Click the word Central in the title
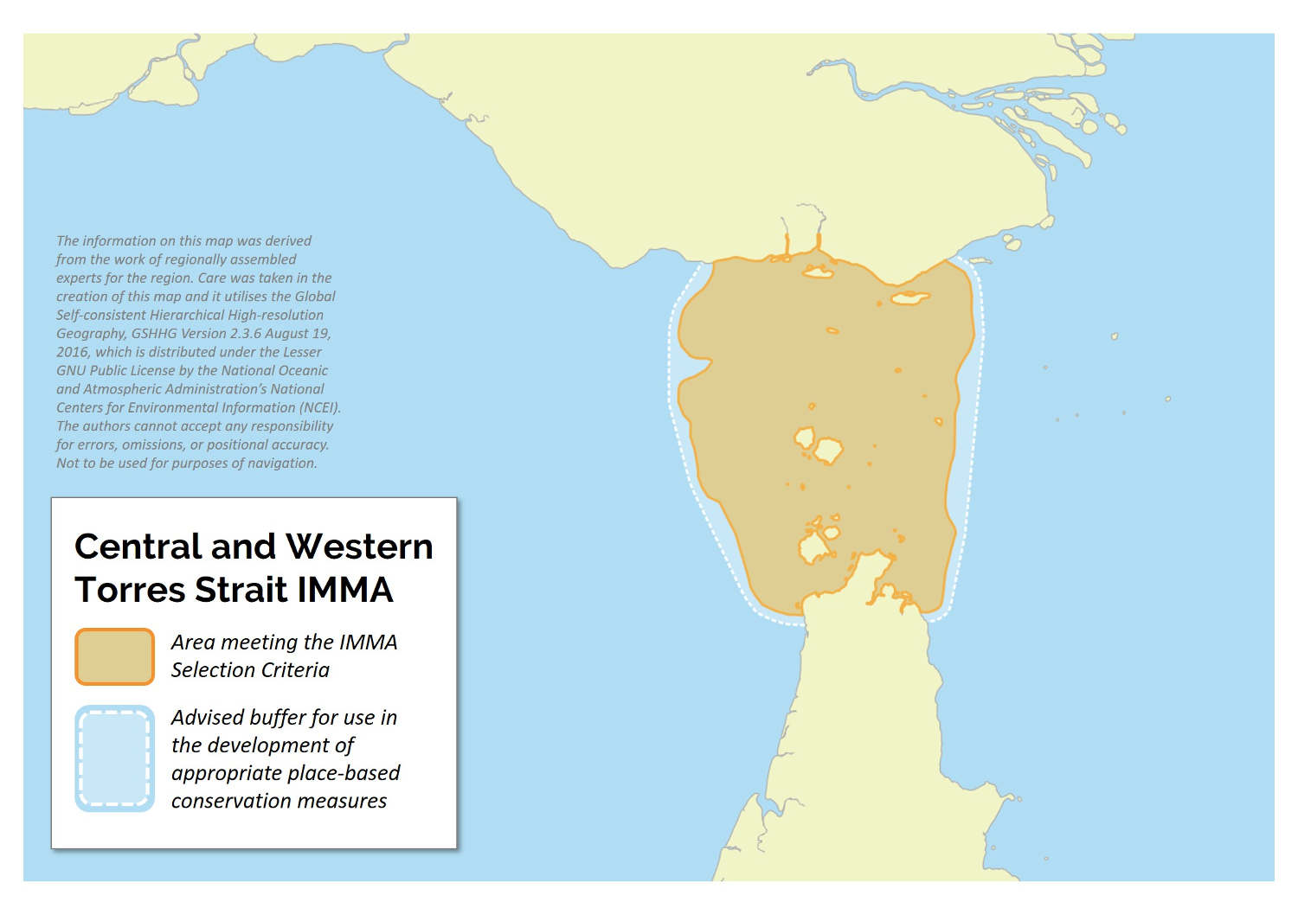point(138,547)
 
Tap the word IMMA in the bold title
point(345,590)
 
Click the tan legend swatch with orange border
point(115,656)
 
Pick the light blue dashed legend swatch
point(115,758)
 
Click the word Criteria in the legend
point(298,670)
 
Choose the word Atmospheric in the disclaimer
point(121,389)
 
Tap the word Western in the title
point(358,547)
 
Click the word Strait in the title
point(241,590)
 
